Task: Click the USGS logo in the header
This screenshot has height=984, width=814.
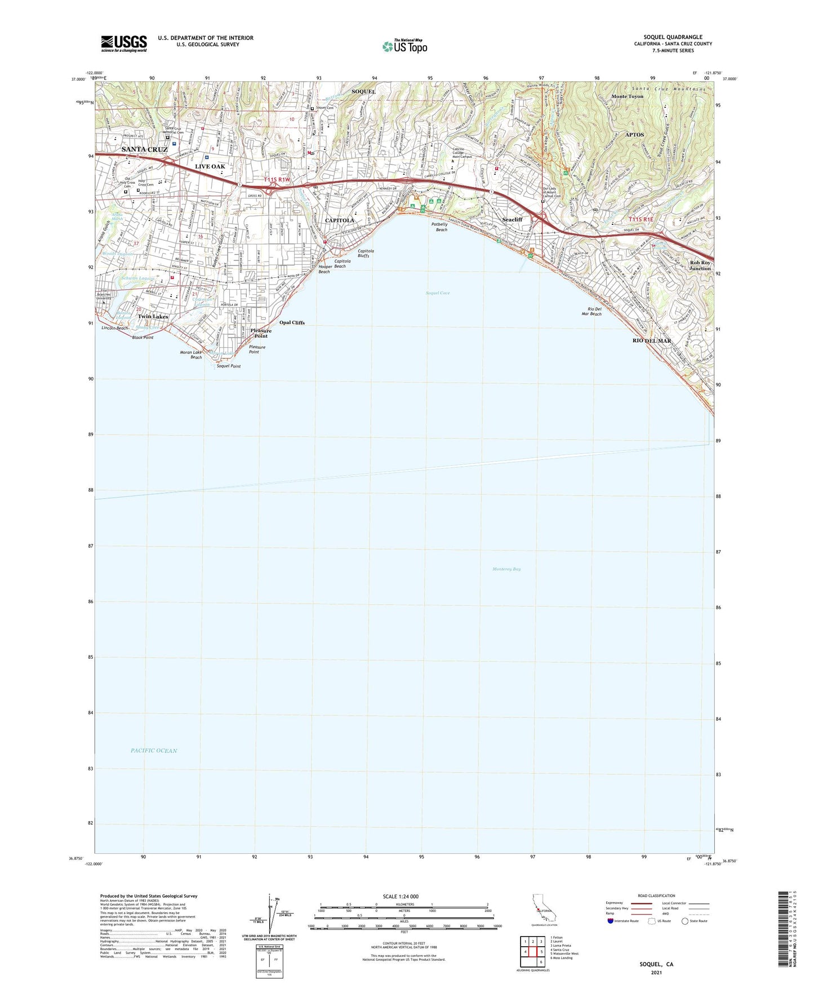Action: (124, 43)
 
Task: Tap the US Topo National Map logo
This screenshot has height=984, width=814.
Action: (404, 46)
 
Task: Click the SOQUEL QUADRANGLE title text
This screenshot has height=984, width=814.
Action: (673, 37)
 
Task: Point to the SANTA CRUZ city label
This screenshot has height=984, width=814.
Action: (144, 149)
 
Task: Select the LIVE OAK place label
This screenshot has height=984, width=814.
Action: (210, 167)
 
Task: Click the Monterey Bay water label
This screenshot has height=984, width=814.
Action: (506, 569)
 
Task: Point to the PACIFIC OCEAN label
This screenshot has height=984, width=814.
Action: (154, 751)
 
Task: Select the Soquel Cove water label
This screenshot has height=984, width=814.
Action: (437, 293)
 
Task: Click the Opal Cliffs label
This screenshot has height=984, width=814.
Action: (292, 323)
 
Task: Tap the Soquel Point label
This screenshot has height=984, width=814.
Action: (229, 366)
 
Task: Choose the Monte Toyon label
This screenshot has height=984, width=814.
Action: (627, 96)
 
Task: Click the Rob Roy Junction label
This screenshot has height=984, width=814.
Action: (700, 265)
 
